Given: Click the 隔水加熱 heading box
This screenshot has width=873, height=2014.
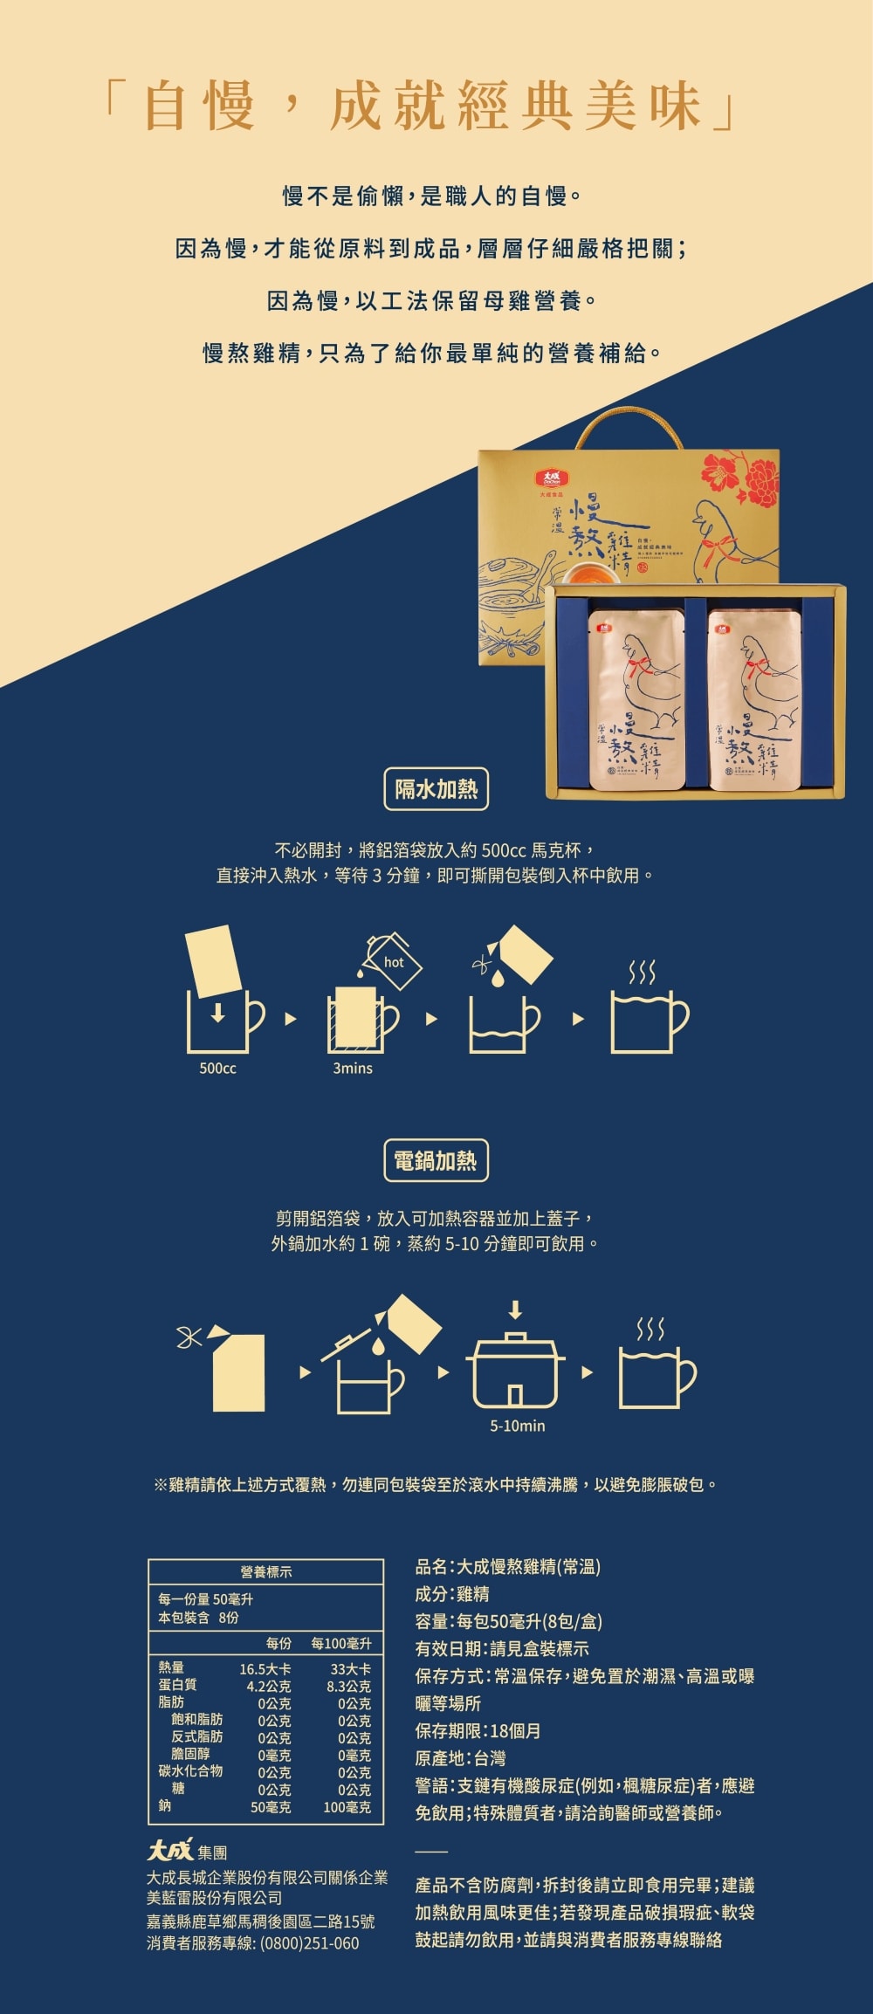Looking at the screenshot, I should click(436, 789).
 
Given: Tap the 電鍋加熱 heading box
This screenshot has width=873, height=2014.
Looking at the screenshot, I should click(436, 1160).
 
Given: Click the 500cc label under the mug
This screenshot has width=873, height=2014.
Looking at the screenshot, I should click(217, 1069).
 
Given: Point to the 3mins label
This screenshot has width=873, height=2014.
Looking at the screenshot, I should click(353, 1069).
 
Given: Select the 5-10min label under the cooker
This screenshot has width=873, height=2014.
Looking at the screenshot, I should click(517, 1426).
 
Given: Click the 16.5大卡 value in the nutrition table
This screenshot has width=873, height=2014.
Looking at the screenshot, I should click(265, 1668).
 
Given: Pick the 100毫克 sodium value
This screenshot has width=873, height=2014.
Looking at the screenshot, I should click(347, 1807).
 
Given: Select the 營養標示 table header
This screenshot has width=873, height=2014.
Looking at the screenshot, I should click(266, 1571).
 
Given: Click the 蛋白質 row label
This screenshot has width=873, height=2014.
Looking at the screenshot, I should click(177, 1685).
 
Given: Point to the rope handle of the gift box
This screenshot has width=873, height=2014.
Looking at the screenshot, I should click(629, 428).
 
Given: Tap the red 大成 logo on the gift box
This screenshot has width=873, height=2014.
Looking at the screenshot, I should click(552, 479).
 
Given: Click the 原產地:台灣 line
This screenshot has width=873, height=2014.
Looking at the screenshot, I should click(460, 1758).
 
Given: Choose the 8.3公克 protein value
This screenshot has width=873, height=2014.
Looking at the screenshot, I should click(348, 1686).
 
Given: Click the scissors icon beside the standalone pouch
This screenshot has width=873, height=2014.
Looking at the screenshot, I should click(189, 1337).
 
